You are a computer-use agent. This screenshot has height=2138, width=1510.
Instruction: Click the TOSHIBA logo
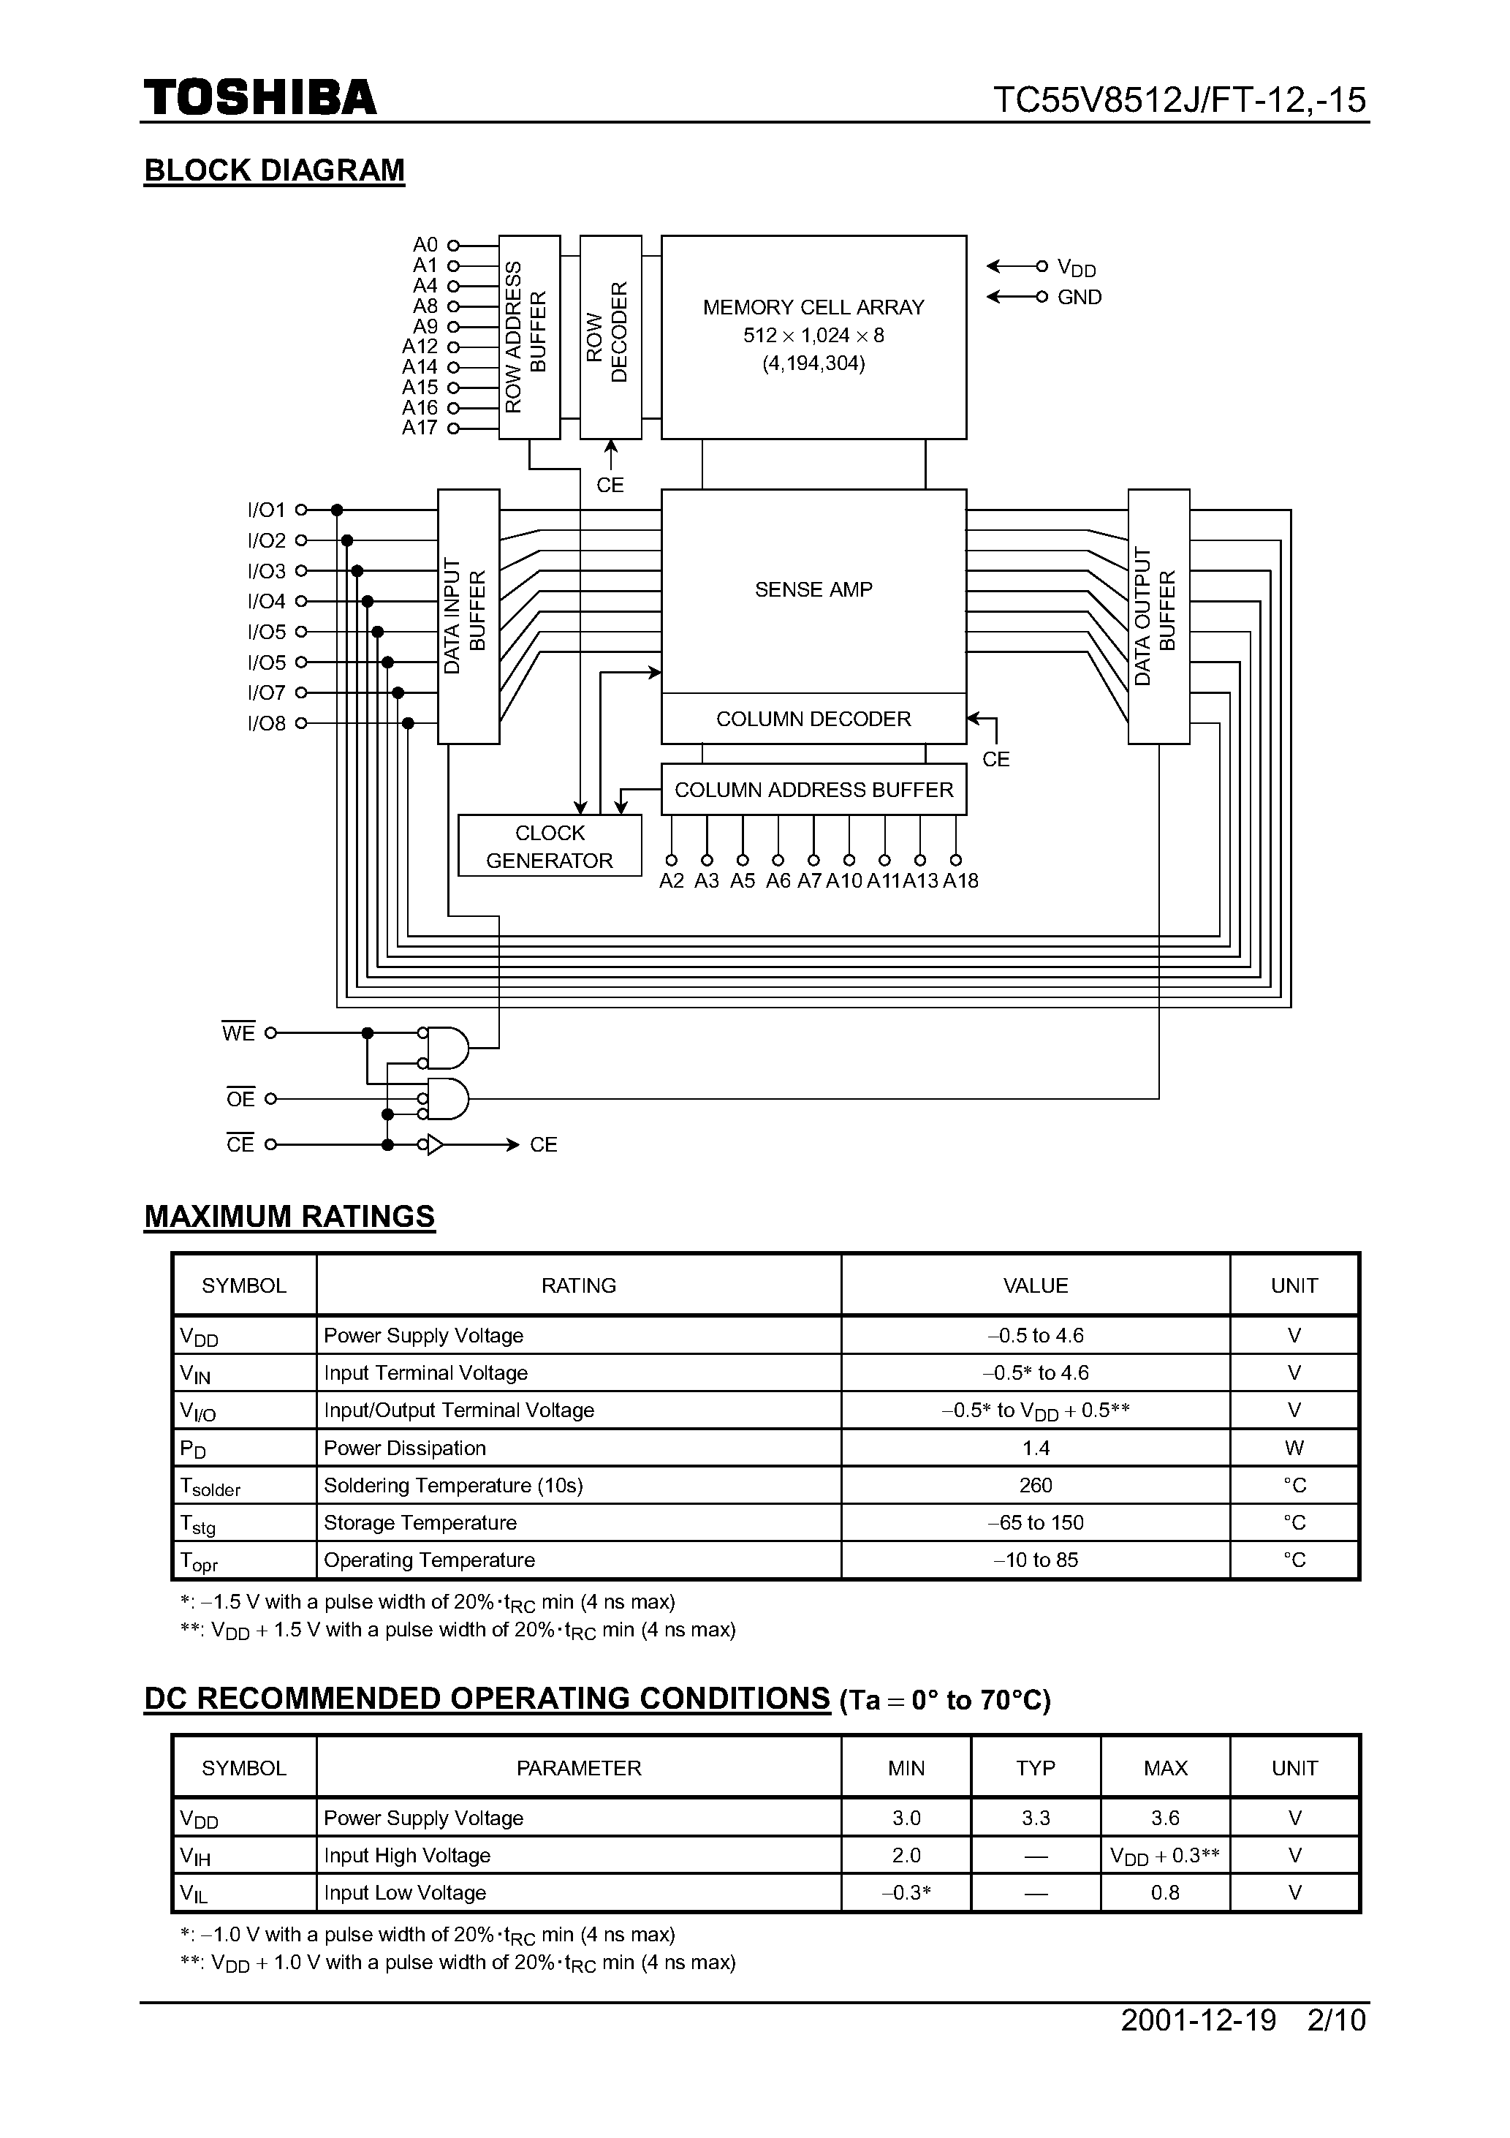click(x=259, y=98)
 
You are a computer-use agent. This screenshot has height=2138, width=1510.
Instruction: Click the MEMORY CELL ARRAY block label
click(x=813, y=307)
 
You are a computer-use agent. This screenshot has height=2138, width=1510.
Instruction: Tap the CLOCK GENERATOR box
click(x=550, y=845)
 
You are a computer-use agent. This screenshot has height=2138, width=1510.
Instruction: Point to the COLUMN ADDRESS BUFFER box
click(x=813, y=790)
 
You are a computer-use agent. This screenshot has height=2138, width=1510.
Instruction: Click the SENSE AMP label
click(x=813, y=589)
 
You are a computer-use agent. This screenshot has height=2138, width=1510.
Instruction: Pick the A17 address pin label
click(x=419, y=428)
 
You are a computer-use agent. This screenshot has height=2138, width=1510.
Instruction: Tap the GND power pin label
click(x=1079, y=297)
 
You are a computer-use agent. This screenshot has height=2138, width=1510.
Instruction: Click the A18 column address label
click(x=960, y=881)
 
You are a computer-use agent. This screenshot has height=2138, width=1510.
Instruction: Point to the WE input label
click(x=238, y=1032)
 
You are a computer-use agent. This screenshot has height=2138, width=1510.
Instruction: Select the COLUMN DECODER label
click(x=813, y=719)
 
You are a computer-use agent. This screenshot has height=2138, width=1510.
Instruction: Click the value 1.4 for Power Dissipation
click(x=1035, y=1448)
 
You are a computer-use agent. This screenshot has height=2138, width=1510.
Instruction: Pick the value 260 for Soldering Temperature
click(x=1035, y=1485)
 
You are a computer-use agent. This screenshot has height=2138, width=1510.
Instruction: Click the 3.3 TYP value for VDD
click(x=1035, y=1818)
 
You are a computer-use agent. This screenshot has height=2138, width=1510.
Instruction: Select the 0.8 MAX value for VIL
click(x=1164, y=1892)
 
